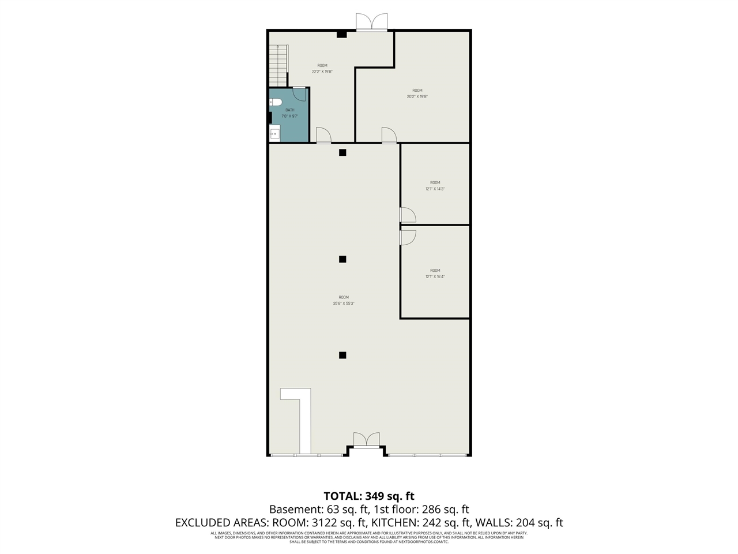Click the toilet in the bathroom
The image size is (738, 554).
pyautogui.click(x=276, y=103)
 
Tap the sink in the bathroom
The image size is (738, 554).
pyautogui.click(x=275, y=134)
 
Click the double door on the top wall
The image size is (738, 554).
pyautogui.click(x=371, y=23)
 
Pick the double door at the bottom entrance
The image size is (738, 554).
pyautogui.click(x=367, y=440)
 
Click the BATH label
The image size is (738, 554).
pyautogui.click(x=289, y=110)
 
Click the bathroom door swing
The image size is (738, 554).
pyautogui.click(x=299, y=94)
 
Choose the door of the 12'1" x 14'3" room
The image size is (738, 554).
pyautogui.click(x=408, y=215)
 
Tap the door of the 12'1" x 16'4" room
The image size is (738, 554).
pyautogui.click(x=408, y=237)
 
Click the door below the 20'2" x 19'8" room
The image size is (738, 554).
pyautogui.click(x=389, y=135)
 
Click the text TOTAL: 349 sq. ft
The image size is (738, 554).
pyautogui.click(x=369, y=496)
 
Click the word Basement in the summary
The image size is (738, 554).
pyautogui.click(x=293, y=510)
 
